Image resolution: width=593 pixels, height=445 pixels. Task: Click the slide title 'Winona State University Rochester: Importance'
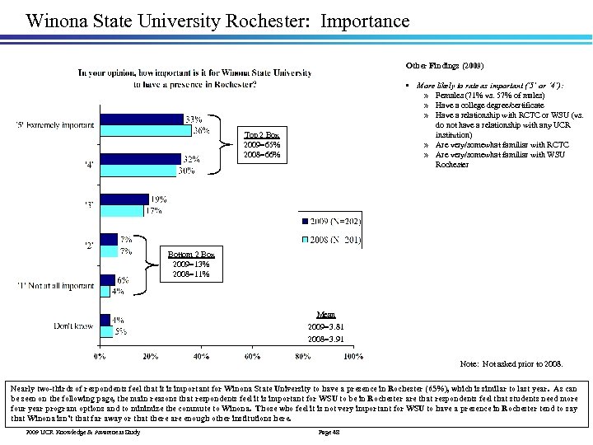[x=217, y=20]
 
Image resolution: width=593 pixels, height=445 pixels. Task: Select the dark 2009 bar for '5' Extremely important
[x=141, y=119]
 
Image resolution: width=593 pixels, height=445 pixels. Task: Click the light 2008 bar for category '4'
[x=138, y=171]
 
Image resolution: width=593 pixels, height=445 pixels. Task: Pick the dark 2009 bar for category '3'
[x=124, y=199]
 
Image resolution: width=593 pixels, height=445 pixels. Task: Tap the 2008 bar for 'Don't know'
[x=105, y=331]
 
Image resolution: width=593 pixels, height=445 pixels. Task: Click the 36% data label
[x=201, y=130]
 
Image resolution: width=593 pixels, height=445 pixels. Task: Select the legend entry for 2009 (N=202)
[x=329, y=221]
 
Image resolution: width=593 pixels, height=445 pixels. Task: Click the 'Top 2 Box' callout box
[x=262, y=145]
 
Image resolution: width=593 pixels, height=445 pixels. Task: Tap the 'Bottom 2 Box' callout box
[x=190, y=264]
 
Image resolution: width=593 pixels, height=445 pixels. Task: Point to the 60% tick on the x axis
[x=251, y=357]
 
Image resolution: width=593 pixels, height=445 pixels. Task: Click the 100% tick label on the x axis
[x=353, y=357]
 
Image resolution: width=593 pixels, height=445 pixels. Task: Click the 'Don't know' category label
[x=73, y=326]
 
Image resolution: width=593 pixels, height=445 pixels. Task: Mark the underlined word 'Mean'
[x=326, y=314]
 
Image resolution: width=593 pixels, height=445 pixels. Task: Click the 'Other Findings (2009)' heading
[x=445, y=65]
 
